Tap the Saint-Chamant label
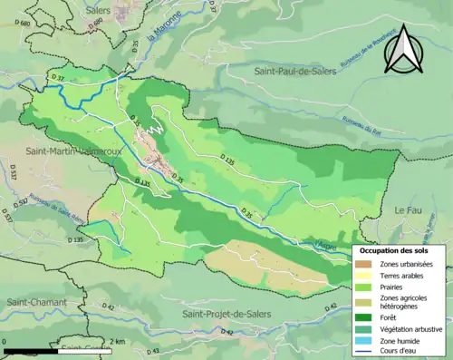[x=32, y=301]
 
